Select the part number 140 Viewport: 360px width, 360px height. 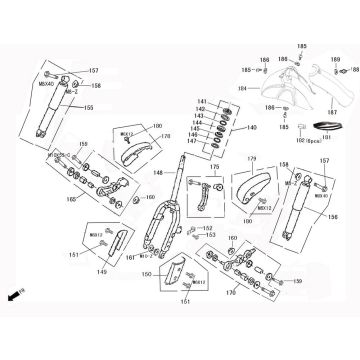point(251,128)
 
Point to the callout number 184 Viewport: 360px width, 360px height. point(240,87)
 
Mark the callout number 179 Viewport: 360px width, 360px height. point(253,159)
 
